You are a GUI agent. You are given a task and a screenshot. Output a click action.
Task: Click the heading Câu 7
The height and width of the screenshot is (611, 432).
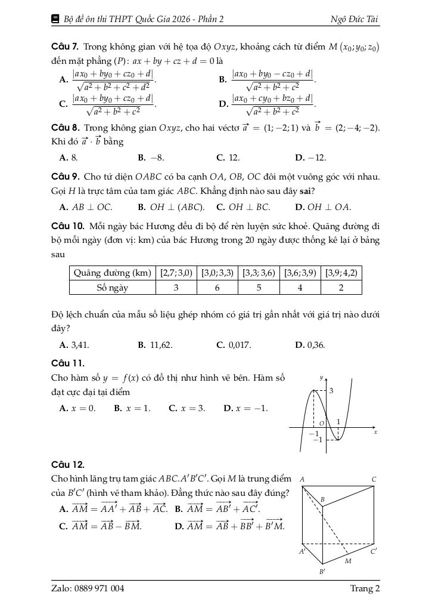pos(66,47)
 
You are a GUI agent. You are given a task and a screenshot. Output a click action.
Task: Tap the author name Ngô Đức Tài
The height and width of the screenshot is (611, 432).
pos(355,19)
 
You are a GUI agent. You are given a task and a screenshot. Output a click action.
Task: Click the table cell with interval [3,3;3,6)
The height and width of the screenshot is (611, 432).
pos(258,273)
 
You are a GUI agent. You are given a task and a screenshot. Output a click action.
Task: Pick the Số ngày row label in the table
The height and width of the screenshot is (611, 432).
pos(113,287)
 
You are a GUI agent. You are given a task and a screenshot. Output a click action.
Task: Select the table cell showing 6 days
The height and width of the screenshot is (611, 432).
pos(217,287)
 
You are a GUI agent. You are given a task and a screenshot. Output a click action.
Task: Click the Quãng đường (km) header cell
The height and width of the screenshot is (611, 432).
pos(113,273)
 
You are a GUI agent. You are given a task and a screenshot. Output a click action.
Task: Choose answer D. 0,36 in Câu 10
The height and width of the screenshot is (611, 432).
pos(310,345)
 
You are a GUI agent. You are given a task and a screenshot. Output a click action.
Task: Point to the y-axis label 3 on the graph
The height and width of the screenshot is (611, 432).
pos(331,391)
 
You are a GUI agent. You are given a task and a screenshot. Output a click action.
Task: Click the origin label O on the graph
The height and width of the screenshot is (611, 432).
pos(321,423)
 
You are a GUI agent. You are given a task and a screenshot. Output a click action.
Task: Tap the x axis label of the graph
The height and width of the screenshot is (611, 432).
pos(375,431)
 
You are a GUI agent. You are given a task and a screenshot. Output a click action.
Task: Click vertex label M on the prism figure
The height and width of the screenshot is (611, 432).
pos(347,561)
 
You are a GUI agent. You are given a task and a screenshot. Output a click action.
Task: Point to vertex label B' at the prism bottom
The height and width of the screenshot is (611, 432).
pos(322,572)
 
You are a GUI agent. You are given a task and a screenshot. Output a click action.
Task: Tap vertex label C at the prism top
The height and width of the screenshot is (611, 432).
pos(374,479)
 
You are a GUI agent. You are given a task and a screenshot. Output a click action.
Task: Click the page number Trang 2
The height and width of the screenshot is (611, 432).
pos(365,589)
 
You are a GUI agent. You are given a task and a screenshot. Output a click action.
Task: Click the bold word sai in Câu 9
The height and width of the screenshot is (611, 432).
pos(308,191)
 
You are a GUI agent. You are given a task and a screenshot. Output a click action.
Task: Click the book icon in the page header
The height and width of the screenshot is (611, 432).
pos(55,19)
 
